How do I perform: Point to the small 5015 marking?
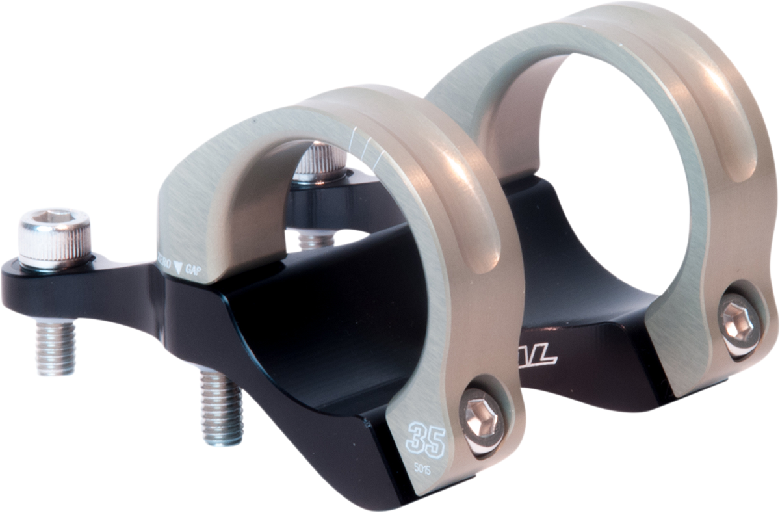coord(425,467)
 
